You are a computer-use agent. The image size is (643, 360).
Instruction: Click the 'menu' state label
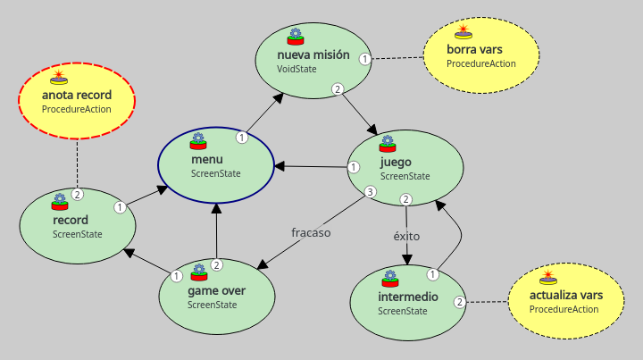[200, 159]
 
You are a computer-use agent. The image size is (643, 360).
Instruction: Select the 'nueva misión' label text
[306, 54]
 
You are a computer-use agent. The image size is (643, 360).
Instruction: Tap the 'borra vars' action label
[474, 50]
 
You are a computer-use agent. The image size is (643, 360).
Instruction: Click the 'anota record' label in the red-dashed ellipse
[77, 95]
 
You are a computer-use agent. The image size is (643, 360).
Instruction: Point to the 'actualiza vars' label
[565, 295]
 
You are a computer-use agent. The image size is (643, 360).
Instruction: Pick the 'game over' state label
[216, 290]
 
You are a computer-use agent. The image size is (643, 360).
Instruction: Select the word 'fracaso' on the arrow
[311, 232]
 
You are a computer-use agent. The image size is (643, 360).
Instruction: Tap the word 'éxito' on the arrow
[406, 237]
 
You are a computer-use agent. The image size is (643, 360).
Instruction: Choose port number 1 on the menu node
[241, 138]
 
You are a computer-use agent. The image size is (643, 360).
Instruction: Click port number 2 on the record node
[78, 194]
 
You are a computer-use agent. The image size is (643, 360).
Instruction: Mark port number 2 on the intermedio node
[459, 302]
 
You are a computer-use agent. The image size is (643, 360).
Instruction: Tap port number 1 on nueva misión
[364, 59]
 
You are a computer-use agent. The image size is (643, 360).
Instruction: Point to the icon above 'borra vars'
[463, 33]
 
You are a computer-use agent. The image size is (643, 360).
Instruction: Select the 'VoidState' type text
[297, 68]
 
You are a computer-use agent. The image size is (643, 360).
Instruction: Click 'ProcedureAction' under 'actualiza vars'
[564, 309]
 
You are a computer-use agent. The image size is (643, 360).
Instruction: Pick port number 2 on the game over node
[216, 264]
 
